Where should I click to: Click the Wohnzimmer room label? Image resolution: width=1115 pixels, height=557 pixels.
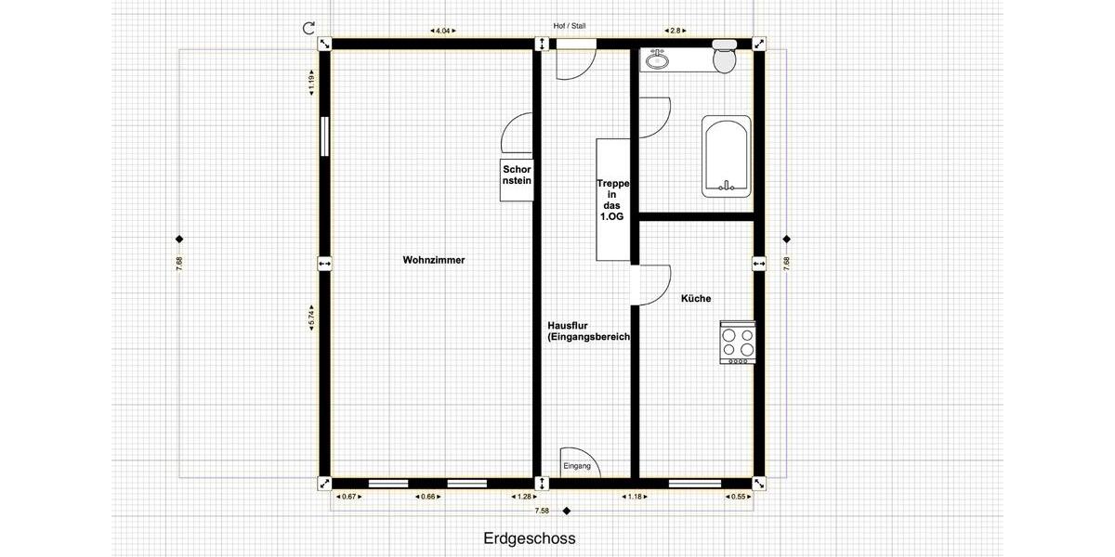click(x=434, y=260)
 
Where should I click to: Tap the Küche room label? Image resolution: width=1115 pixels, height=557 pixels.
click(x=696, y=298)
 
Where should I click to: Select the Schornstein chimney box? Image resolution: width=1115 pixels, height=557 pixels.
click(x=517, y=175)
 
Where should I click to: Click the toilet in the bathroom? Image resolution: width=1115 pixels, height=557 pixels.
click(x=724, y=58)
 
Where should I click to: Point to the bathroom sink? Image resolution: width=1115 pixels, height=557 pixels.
click(x=659, y=60)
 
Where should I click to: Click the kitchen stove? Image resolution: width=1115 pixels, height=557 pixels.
click(x=738, y=343)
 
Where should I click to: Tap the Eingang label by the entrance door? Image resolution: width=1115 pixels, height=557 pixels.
click(x=576, y=466)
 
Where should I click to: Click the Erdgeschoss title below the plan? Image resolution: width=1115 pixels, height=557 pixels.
click(x=530, y=538)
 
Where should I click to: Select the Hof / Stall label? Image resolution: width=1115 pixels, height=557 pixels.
click(x=570, y=26)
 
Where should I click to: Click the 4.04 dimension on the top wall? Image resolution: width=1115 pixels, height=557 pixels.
click(x=443, y=31)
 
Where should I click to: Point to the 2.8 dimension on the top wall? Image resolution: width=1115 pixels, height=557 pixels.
click(x=676, y=31)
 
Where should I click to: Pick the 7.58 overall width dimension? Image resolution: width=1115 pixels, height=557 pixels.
click(x=542, y=511)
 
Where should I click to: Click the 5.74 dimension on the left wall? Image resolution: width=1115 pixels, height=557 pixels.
click(x=312, y=316)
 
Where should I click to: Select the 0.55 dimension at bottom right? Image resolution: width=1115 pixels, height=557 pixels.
click(x=739, y=497)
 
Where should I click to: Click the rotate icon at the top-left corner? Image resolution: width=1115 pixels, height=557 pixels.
click(x=309, y=28)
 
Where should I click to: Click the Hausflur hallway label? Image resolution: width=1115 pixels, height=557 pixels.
click(x=589, y=331)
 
